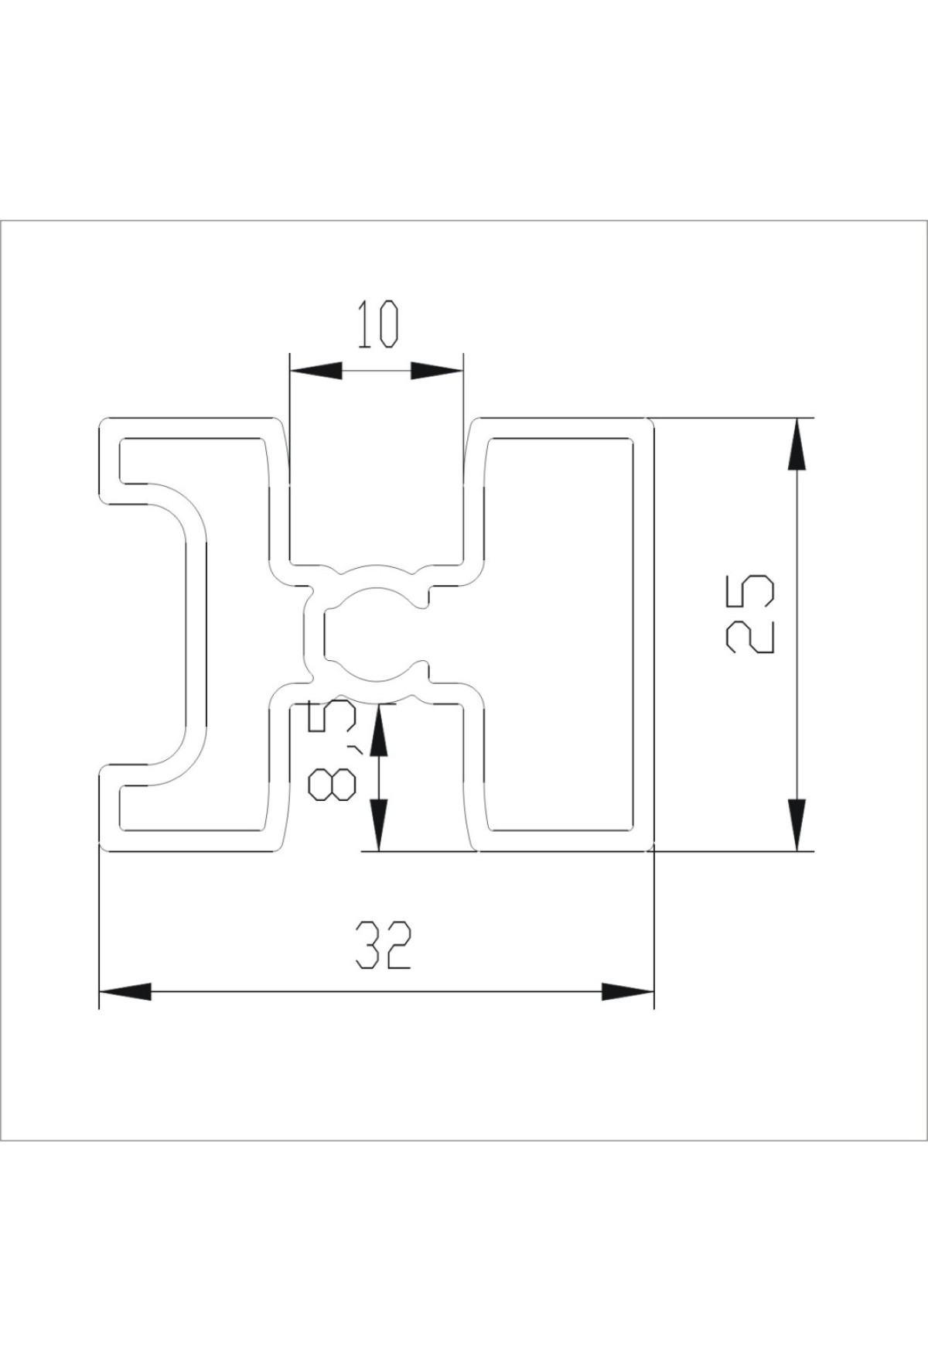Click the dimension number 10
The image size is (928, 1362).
pyautogui.click(x=378, y=326)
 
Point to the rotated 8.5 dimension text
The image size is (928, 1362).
pyautogui.click(x=331, y=751)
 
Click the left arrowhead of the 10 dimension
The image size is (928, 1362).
pyautogui.click(x=315, y=371)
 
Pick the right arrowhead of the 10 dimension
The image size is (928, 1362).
pyautogui.click(x=437, y=371)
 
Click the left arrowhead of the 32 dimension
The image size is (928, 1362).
pyautogui.click(x=125, y=991)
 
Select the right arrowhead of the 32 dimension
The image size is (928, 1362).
pyautogui.click(x=628, y=991)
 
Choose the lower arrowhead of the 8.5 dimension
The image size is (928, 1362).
pyautogui.click(x=378, y=825)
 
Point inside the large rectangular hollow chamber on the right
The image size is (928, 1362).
pyautogui.click(x=563, y=635)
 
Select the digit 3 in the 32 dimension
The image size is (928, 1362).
pyautogui.click(x=369, y=945)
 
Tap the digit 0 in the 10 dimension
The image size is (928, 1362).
pyautogui.click(x=387, y=326)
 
